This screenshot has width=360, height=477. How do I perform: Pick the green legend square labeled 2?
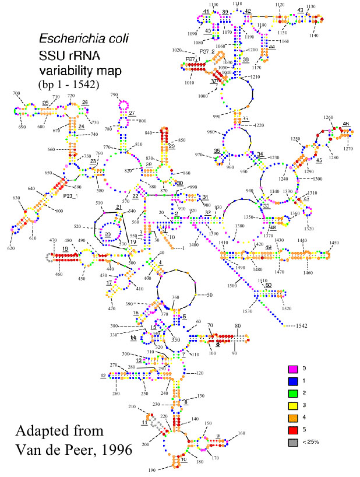tap(294, 393)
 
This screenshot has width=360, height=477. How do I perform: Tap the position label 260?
tap(117, 394)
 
